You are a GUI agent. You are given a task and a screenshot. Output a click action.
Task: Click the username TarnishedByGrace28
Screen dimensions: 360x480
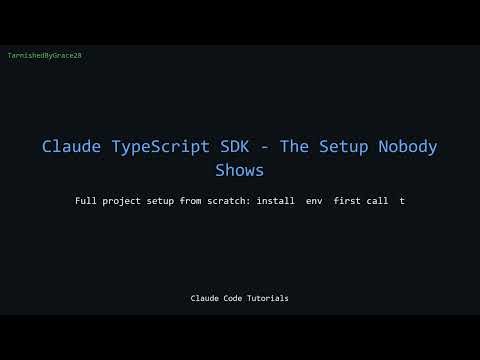pos(44,56)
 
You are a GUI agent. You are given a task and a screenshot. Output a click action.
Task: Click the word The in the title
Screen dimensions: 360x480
pos(297,147)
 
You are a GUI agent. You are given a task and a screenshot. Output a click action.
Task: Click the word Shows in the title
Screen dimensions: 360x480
pos(240,170)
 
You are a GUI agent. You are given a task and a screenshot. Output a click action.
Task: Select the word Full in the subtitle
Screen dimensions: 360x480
pos(86,201)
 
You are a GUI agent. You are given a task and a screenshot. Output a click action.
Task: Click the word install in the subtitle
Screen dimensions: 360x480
pos(276,201)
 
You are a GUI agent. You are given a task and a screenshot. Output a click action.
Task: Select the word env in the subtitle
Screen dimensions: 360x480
pos(316,201)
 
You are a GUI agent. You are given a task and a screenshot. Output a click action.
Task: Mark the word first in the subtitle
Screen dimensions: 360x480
pos(346,201)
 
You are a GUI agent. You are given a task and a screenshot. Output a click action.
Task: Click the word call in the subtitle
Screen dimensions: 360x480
pos(378,201)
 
